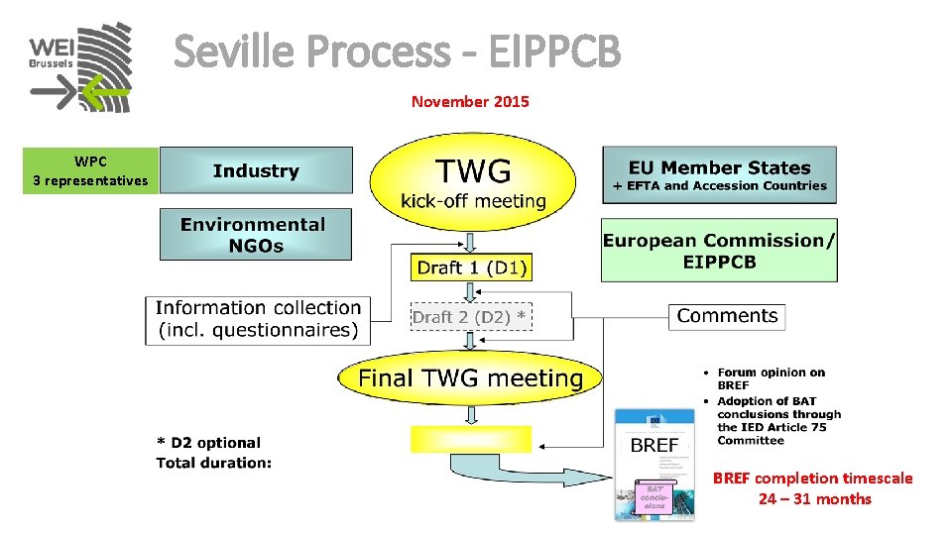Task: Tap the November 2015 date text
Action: click(470, 101)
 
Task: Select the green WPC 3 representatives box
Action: click(90, 170)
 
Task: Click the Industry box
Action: click(256, 170)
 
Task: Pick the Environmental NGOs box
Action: click(256, 235)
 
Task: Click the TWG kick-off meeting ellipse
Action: click(473, 183)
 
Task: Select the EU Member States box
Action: click(719, 175)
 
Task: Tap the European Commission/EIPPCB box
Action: click(719, 250)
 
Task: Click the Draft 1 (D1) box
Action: click(472, 267)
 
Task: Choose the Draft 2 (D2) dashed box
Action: click(471, 317)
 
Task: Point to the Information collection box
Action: click(258, 319)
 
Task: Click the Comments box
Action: click(727, 316)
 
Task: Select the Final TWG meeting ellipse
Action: click(471, 377)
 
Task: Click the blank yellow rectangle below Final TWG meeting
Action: click(471, 439)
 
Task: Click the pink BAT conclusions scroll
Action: click(654, 496)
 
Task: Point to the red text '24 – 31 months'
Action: click(814, 499)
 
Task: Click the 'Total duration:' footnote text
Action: click(214, 463)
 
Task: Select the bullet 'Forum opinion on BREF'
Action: click(771, 378)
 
